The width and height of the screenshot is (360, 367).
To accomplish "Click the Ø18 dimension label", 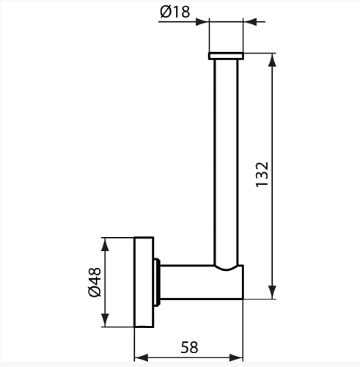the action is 175,12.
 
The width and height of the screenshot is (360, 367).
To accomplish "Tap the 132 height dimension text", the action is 262,175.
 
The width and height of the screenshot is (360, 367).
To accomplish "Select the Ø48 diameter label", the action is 95,282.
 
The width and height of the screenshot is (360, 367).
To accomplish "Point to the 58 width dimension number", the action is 189,347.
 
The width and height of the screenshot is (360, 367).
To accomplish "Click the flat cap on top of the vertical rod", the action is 226,56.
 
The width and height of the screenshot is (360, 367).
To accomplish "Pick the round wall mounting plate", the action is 144,282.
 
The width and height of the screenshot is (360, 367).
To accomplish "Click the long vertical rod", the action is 226,163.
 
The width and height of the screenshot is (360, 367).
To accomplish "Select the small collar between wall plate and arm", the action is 157,282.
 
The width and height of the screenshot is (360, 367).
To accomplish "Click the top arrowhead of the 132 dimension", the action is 272,60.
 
